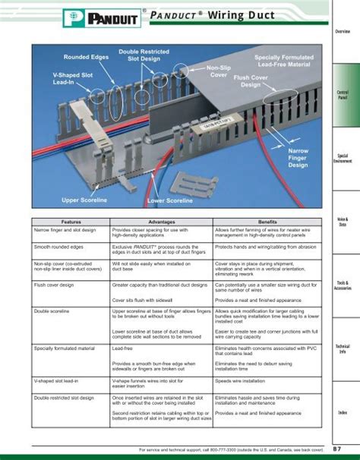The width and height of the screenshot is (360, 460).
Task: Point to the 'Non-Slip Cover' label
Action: click(x=219, y=72)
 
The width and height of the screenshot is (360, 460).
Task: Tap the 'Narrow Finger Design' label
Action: click(x=298, y=158)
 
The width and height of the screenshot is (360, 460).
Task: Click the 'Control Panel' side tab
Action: click(x=342, y=95)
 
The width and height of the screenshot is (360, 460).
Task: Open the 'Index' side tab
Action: click(x=342, y=412)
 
